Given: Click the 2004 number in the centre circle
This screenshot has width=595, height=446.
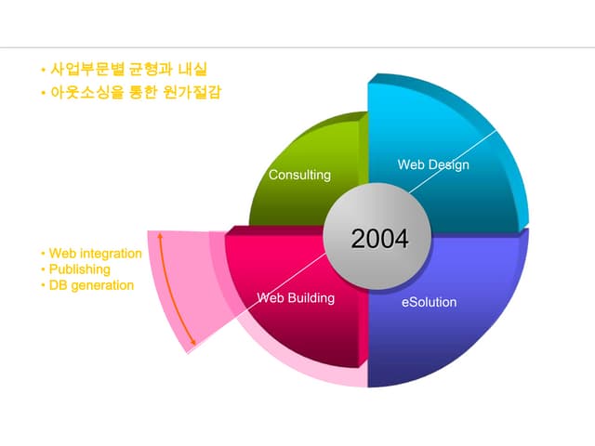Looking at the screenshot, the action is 380,239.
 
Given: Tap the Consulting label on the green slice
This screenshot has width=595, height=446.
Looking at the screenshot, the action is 299,175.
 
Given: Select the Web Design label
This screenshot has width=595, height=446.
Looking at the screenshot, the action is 433,165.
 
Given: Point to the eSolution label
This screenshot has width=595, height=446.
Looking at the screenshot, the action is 430,302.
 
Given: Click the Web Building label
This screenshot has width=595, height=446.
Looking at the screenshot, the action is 296,297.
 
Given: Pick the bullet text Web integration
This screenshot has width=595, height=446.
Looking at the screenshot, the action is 96,254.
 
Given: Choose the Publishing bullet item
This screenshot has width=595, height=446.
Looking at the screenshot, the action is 80,269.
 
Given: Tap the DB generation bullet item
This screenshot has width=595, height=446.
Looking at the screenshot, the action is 91,285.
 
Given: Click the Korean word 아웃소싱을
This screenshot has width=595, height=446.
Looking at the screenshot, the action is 87,92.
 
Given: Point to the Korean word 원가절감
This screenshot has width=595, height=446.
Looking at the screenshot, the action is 192,92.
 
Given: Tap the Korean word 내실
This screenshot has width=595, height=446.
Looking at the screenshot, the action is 192,69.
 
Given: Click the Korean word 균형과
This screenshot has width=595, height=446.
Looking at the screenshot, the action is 151,69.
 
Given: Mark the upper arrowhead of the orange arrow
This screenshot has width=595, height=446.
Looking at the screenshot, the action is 160,235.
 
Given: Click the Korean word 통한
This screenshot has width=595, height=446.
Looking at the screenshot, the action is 143,92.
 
